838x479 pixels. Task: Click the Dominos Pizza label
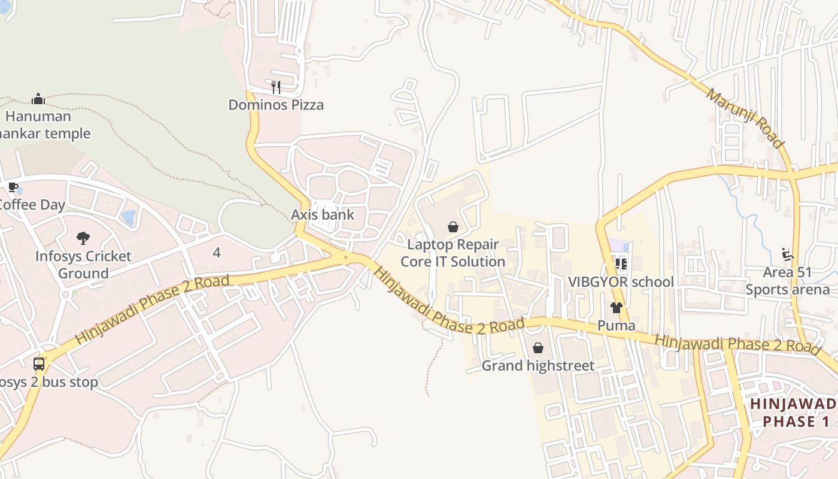pos(276,105)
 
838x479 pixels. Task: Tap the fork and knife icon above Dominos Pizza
pos(276,87)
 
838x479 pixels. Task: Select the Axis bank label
pos(323,215)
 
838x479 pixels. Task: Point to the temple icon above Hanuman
pos(38,99)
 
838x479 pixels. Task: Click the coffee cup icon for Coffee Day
pos(13,187)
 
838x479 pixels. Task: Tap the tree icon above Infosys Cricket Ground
pos(83,239)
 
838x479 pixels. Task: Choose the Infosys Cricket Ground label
pos(83,265)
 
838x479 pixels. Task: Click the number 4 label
pos(217,253)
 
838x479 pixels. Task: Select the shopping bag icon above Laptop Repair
pos(453,227)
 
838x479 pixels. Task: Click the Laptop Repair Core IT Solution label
pos(453,253)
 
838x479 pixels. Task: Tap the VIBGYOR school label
pos(621,282)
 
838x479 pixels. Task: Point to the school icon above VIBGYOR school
pos(621,263)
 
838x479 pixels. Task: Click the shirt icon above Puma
pos(617,308)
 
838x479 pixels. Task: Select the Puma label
pos(617,326)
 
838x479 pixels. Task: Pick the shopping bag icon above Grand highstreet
pos(538,348)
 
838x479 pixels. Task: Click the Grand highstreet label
pos(538,366)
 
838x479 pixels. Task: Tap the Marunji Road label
pos(744,118)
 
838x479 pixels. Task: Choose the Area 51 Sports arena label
pos(788,281)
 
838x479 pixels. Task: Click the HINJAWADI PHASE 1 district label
pos(794,413)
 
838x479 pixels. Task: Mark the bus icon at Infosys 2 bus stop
pos(39,363)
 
